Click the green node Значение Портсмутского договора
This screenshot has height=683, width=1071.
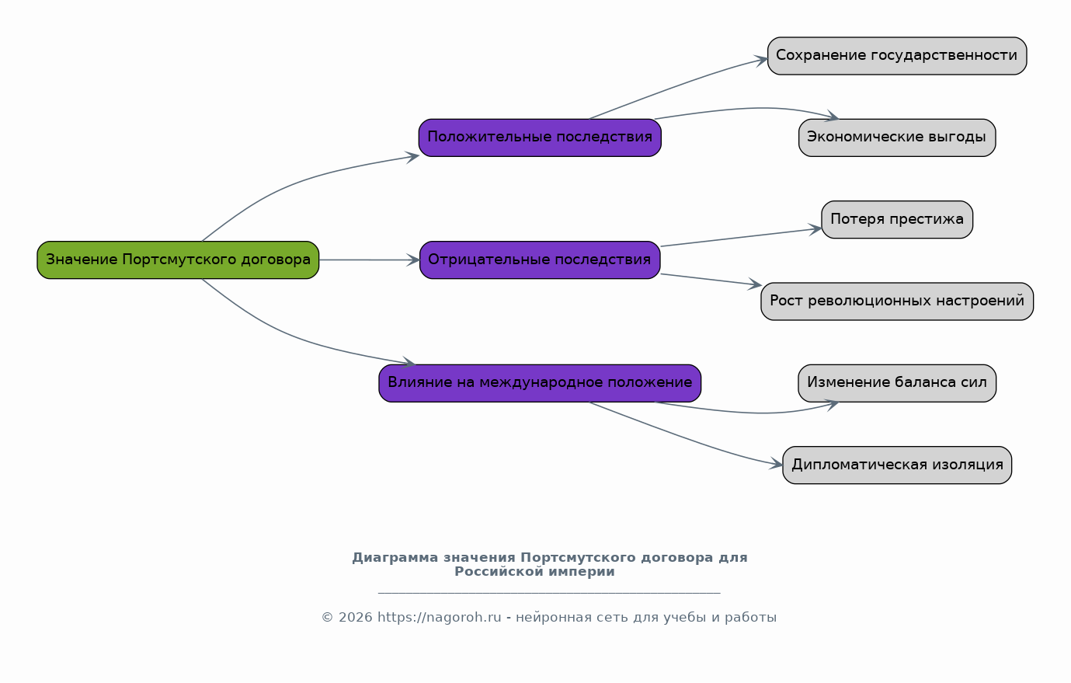tap(178, 260)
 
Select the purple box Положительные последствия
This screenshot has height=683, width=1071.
tap(540, 138)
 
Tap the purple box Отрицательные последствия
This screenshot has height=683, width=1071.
tap(540, 260)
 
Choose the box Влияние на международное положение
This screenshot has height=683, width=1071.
tap(540, 383)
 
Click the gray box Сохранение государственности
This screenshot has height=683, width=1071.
tap(897, 56)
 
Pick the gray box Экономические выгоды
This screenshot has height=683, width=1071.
tap(897, 138)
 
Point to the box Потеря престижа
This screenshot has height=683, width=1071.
tap(897, 220)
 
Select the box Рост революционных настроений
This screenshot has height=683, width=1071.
tap(897, 301)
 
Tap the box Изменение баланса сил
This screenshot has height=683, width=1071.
tap(897, 383)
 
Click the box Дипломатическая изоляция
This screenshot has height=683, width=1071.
tap(897, 465)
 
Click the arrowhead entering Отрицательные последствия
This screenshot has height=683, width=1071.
tap(413, 260)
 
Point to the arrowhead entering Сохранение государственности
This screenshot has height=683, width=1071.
tap(760, 61)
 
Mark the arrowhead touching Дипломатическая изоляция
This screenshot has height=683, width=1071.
tap(776, 463)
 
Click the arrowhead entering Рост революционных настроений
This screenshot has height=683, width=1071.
tap(755, 284)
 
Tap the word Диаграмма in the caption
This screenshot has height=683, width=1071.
tap(395, 558)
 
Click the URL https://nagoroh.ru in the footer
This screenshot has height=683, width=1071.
tap(440, 618)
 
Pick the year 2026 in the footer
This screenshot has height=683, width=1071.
tap(355, 618)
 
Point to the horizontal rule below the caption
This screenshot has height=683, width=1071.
tap(549, 594)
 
